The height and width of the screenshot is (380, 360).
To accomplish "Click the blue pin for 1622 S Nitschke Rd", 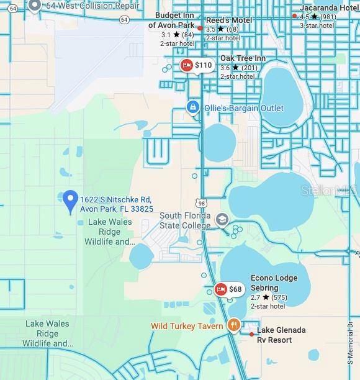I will point(70,201).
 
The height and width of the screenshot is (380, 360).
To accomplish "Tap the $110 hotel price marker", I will point(196,65).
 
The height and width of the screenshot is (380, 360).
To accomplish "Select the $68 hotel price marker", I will point(228,289).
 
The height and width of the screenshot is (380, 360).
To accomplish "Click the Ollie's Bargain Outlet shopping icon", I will point(193,108).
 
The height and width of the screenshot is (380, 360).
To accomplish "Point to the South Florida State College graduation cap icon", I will point(222,220).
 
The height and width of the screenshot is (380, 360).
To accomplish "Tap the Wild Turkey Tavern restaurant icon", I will point(233,324).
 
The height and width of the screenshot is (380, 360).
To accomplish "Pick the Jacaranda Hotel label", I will point(328,7).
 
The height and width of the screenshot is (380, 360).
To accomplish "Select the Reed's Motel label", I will point(229,20).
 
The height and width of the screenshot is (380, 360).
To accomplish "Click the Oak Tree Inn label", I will point(243,58).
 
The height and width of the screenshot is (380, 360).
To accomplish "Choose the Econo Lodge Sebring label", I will point(274,283).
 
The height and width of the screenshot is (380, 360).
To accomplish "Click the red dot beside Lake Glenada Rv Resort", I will point(251,335).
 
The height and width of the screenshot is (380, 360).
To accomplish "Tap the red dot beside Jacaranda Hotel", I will point(294,16).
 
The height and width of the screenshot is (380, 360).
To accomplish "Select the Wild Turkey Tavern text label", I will point(186,326).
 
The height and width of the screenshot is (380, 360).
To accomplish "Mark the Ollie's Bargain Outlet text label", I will point(243,109).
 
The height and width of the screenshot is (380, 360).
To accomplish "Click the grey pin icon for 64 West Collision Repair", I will point(35,6).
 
